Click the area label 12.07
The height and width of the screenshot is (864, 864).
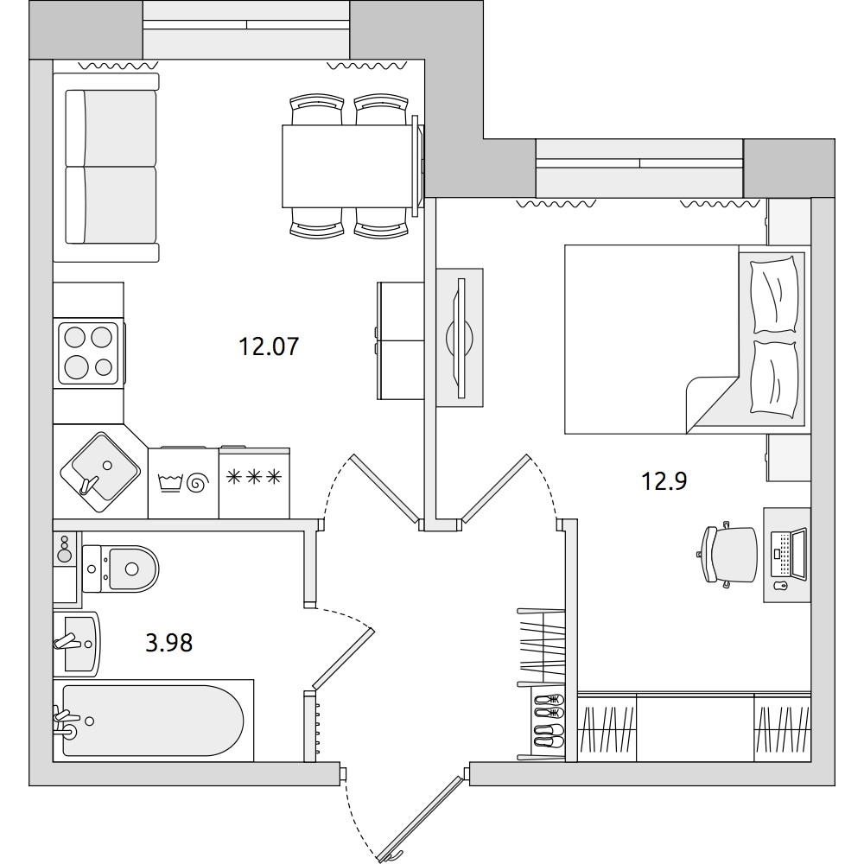click(269, 346)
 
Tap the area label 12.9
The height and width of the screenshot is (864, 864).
click(664, 481)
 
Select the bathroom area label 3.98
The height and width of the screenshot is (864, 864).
click(168, 643)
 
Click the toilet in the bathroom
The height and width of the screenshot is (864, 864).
click(120, 569)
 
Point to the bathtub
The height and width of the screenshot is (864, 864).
click(153, 721)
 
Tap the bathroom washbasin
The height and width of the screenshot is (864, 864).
click(77, 645)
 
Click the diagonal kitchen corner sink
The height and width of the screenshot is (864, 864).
click(100, 473)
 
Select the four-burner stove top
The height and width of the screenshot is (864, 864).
click(88, 353)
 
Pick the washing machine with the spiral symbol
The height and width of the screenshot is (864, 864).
click(183, 483)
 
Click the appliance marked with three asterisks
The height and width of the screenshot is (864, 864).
click(255, 482)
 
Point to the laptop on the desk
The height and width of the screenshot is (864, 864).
click(788, 554)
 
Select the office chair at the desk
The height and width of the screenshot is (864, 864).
click(727, 555)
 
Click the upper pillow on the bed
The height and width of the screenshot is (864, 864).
click(775, 295)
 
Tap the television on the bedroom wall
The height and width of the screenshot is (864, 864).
click(461, 338)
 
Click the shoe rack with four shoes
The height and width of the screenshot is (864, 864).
click(549, 721)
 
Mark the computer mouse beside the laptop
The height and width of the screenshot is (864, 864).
click(779, 585)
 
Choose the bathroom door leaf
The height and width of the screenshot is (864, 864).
click(344, 659)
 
